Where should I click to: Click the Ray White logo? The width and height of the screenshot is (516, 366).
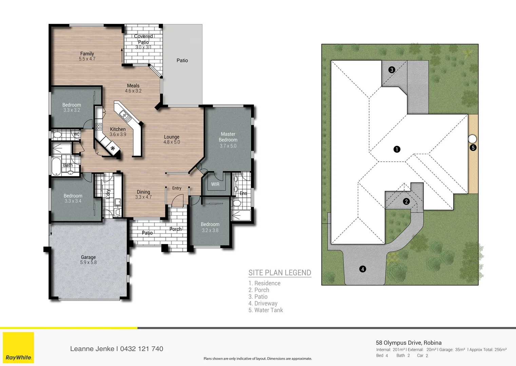[18, 348]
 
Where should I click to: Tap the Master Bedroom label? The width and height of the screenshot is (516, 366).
[228, 137]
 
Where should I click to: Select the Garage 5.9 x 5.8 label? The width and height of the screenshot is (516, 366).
[88, 260]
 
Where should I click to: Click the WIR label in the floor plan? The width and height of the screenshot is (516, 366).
[215, 184]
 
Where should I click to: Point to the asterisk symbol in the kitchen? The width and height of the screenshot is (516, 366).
[113, 148]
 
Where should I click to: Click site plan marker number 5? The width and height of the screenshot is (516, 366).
[473, 148]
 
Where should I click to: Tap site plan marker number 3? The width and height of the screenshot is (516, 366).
[392, 70]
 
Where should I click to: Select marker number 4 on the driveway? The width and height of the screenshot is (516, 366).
[363, 269]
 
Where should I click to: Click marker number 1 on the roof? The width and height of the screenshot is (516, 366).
[397, 149]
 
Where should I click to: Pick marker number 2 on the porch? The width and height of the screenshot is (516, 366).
[406, 202]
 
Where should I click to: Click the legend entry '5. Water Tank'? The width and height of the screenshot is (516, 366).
[266, 310]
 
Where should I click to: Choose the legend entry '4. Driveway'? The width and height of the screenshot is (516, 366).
[263, 303]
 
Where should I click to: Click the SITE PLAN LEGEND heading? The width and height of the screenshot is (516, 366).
[280, 273]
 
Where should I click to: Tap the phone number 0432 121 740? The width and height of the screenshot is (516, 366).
[141, 349]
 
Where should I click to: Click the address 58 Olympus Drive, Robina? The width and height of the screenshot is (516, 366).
[408, 343]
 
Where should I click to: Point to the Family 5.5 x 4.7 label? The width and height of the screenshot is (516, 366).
[87, 56]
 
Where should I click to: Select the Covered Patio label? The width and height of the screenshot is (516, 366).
[143, 39]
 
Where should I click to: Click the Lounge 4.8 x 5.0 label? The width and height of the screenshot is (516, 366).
[172, 139]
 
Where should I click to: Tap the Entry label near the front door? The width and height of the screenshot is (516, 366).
[176, 188]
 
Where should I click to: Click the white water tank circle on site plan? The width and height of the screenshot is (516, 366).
[472, 139]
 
